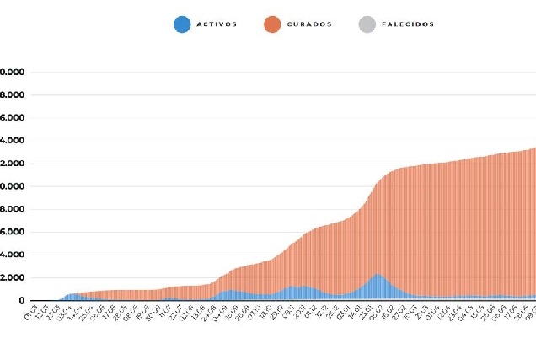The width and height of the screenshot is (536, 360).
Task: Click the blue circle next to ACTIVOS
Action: [x=182, y=24]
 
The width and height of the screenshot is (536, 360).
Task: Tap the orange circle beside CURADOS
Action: [x=272, y=24]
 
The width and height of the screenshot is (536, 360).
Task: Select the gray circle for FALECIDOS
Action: [x=367, y=24]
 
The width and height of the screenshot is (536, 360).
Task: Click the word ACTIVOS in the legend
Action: [x=217, y=24]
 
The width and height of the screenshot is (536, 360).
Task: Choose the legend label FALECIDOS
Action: [x=407, y=24]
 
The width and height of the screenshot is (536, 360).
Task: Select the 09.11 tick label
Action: [x=291, y=314]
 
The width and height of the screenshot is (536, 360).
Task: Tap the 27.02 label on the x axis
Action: [x=402, y=314]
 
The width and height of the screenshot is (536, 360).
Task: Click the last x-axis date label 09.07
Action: [x=531, y=314]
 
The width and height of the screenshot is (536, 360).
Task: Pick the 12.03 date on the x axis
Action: [x=46, y=314]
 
